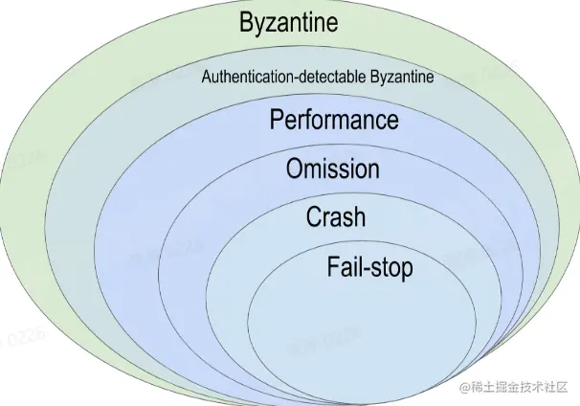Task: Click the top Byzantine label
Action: (x=289, y=23)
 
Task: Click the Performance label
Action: (x=333, y=121)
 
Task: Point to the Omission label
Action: (x=332, y=169)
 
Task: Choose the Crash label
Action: (x=335, y=217)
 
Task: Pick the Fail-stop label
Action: (x=369, y=266)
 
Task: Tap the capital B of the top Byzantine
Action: (x=247, y=23)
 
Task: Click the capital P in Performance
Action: (x=277, y=121)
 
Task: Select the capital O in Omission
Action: (x=295, y=169)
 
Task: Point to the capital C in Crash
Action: (x=313, y=217)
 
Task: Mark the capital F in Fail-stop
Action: (x=333, y=266)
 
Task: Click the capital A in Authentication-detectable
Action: (x=206, y=78)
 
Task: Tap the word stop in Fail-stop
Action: (x=392, y=267)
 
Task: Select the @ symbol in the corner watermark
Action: (x=466, y=388)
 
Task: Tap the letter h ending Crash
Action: (x=359, y=217)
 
